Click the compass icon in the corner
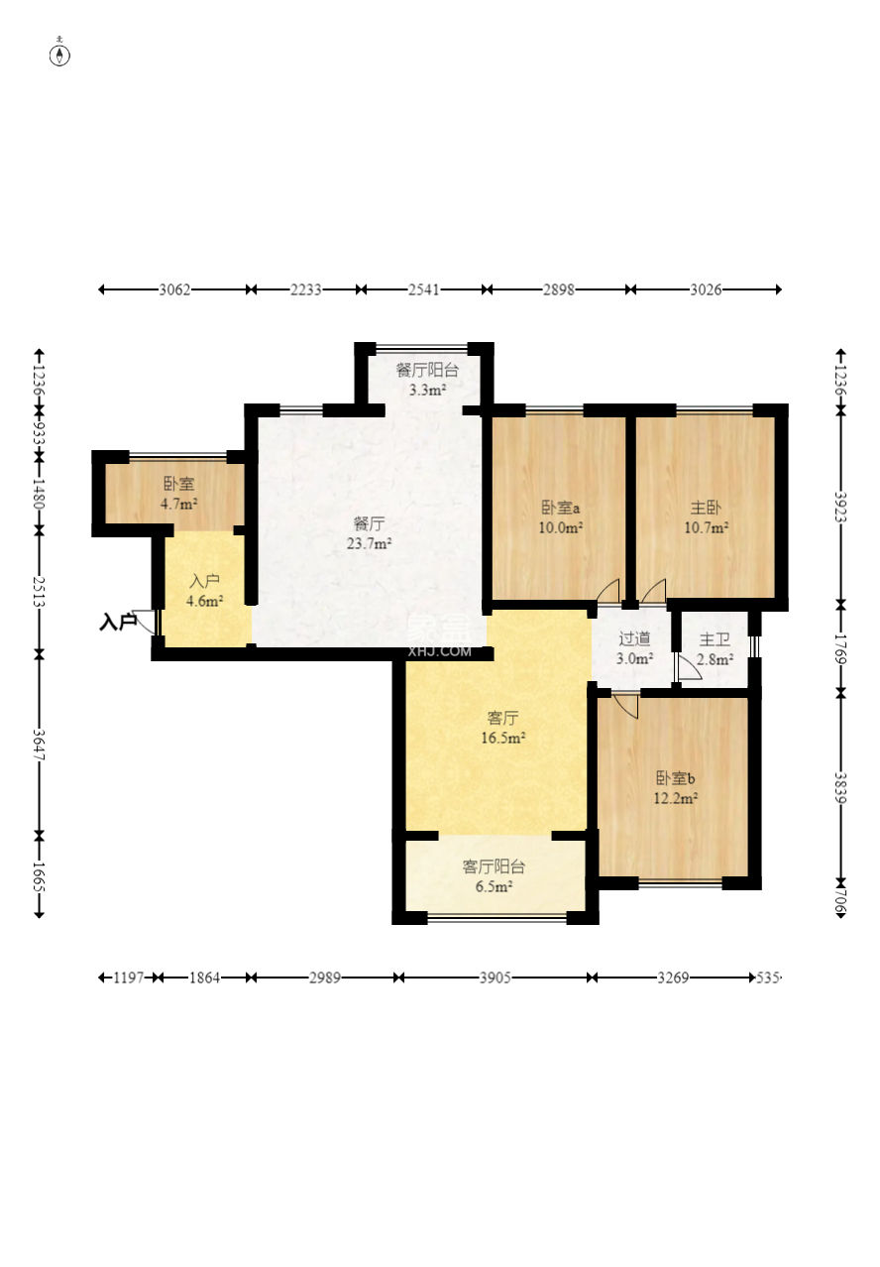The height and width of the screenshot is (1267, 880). [59, 55]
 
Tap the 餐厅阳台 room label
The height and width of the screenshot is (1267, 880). [427, 371]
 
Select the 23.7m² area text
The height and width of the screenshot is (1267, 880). [369, 543]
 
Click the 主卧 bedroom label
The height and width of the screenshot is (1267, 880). [706, 508]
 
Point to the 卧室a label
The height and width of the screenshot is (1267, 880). [560, 508]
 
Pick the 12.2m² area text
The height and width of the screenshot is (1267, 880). [675, 798]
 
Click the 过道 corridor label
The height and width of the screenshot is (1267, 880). [634, 639]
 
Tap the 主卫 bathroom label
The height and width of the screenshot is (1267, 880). [715, 639]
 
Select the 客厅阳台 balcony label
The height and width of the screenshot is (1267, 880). [494, 865]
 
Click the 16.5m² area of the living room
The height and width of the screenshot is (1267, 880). [502, 738]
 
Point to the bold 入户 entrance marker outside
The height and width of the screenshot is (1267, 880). [118, 623]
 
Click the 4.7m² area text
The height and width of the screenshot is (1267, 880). [178, 504]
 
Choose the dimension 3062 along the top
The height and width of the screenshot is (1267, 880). [174, 289]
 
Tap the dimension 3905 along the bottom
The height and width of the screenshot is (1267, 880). [495, 978]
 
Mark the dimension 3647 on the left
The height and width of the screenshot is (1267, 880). [39, 745]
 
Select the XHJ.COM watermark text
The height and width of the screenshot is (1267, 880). [439, 651]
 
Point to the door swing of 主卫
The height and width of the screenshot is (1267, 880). [690, 668]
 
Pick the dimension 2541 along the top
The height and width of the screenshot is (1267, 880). [423, 289]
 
